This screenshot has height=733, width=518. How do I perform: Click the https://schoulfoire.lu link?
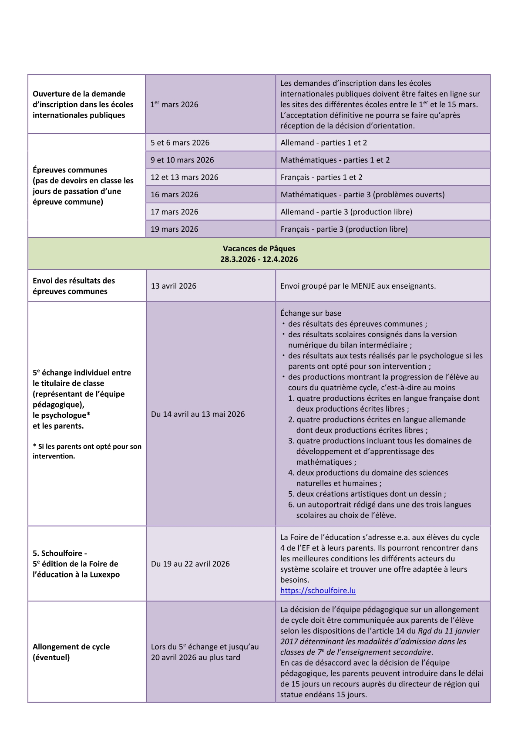click(x=318, y=591)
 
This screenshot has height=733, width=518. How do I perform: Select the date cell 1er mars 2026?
click(x=174, y=105)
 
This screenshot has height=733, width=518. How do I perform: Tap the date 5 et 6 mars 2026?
click(x=180, y=143)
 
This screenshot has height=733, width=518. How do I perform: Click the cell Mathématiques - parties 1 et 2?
click(x=335, y=160)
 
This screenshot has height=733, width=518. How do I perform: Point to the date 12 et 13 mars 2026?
click(x=184, y=177)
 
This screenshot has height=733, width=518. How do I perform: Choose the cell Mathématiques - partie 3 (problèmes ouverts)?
click(x=362, y=195)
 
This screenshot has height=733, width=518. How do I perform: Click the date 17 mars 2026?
click(x=174, y=212)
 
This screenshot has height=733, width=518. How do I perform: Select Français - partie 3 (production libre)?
click(x=344, y=229)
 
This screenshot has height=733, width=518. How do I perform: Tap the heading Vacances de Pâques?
click(x=259, y=249)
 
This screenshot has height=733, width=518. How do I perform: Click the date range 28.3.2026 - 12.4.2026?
click(x=259, y=260)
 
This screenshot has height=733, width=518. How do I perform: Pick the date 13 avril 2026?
click(x=173, y=286)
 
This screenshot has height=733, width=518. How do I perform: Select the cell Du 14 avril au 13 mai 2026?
click(x=198, y=414)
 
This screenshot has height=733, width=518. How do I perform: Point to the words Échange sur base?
click(x=310, y=313)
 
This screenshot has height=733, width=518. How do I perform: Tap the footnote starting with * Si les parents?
click(x=87, y=451)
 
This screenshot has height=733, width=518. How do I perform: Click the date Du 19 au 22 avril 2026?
click(x=190, y=564)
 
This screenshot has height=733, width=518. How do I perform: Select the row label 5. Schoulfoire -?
click(x=60, y=553)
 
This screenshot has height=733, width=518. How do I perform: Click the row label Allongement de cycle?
click(x=71, y=647)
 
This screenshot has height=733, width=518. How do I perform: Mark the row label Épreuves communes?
click(x=70, y=170)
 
